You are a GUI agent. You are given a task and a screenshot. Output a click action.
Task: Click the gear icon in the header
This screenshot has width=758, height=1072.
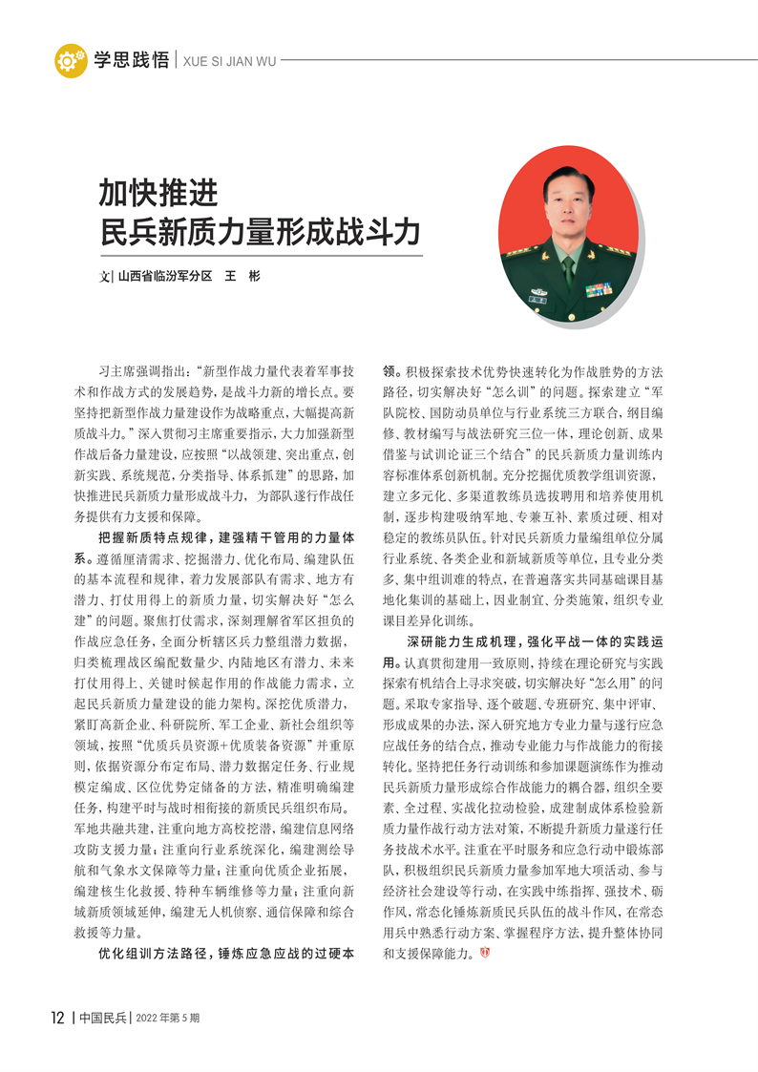click(70, 60)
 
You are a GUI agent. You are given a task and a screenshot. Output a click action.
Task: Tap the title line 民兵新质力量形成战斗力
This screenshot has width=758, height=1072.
click(260, 233)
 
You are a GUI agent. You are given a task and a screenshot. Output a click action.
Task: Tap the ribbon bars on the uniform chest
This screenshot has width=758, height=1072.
click(599, 289)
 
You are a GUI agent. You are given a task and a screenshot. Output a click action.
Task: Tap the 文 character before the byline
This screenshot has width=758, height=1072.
click(105, 277)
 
